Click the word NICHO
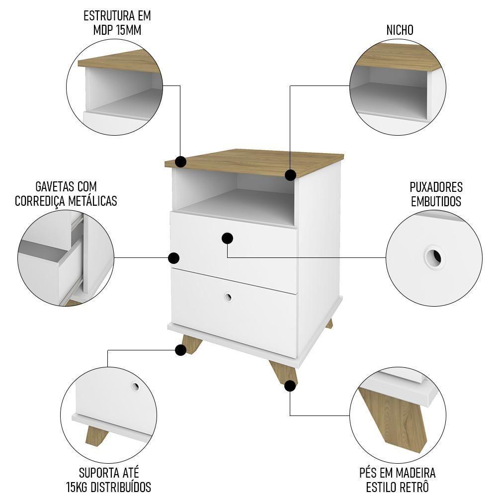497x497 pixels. coord(400,30)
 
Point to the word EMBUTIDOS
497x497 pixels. coord(436,201)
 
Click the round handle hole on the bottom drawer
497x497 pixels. coord(228,297)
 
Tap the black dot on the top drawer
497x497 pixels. coord(228,239)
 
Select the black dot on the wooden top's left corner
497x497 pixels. coord(181,162)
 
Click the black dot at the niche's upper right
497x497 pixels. coord(291,175)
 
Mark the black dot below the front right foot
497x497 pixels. coord(290,385)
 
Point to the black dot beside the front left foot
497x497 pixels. coord(181,350)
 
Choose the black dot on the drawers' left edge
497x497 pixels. coord(174,258)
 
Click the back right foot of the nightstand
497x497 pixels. coord(329,323)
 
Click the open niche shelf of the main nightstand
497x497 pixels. coord(234,201)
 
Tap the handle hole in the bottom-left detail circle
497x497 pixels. coord(135,386)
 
